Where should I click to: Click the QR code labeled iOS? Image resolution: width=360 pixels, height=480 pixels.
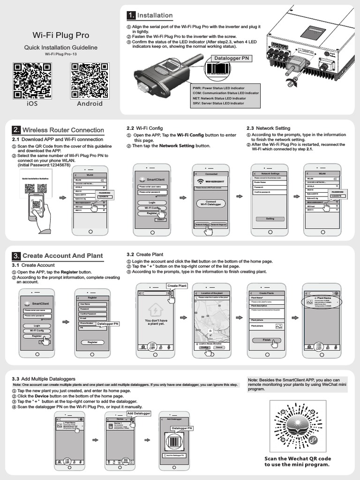point(32,80)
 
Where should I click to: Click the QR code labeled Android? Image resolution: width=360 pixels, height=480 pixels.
point(89,80)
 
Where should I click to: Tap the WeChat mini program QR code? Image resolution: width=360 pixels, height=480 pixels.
point(298,425)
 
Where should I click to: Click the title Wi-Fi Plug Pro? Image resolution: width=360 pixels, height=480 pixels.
point(60,35)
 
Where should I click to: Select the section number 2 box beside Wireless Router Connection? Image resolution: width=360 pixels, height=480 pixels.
point(16,130)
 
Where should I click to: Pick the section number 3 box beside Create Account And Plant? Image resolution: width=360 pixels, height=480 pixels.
point(16,255)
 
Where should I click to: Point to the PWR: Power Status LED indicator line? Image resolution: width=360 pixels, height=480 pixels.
point(218,88)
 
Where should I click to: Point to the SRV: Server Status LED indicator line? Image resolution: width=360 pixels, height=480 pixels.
point(218,103)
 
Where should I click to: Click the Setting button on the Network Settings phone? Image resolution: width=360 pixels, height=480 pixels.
point(270,218)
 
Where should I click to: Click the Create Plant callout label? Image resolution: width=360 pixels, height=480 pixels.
point(177,285)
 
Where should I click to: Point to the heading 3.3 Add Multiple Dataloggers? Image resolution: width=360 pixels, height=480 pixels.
point(44,378)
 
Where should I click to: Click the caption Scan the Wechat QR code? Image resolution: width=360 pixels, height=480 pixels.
point(298,458)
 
